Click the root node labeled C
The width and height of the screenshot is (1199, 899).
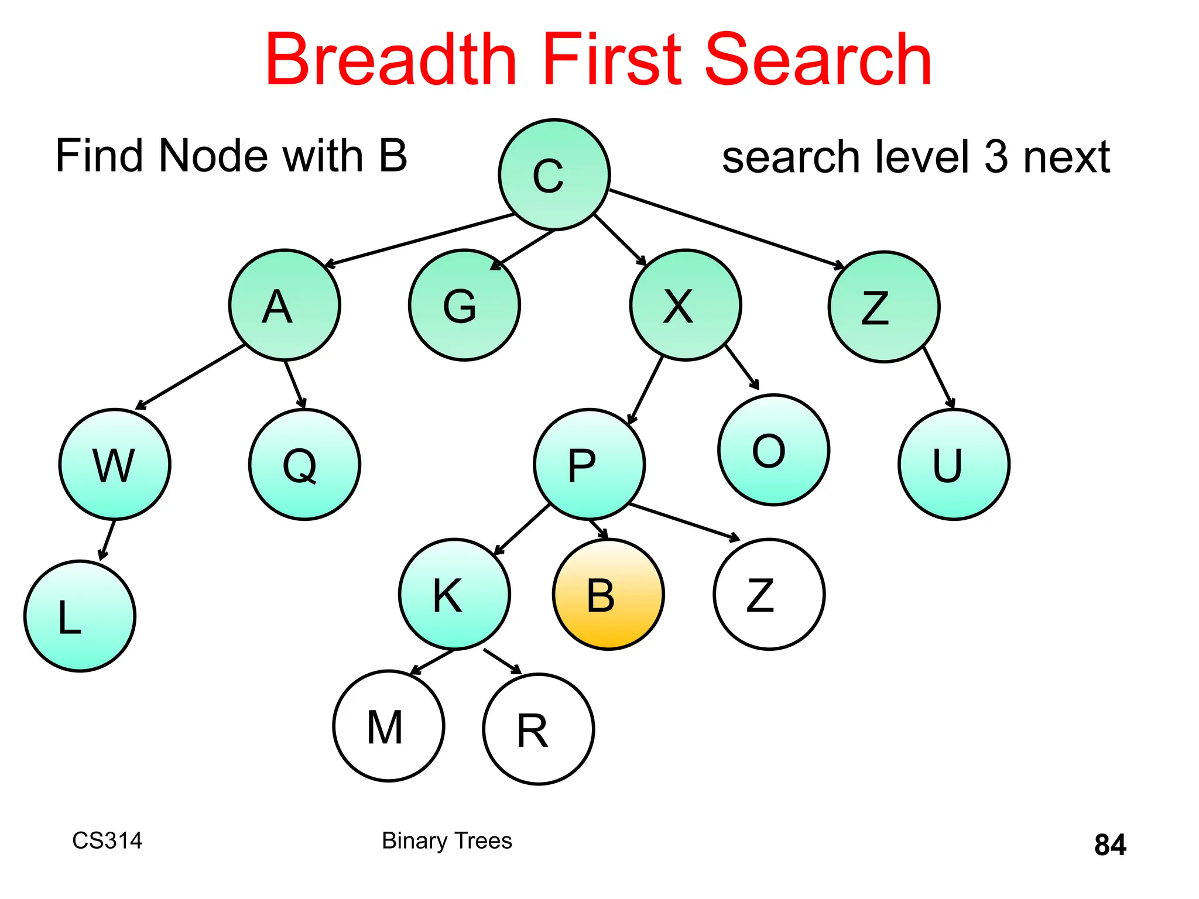click(x=554, y=174)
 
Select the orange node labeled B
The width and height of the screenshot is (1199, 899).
click(x=608, y=595)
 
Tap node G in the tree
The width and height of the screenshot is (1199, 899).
click(x=464, y=305)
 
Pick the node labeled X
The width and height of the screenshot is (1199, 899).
click(x=686, y=305)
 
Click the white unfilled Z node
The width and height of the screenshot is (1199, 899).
click(x=769, y=595)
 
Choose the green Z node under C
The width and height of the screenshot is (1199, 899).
click(x=883, y=307)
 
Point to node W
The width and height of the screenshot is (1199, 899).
click(x=115, y=464)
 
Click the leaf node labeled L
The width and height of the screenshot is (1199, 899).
click(x=80, y=616)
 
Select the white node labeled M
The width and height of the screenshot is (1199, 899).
click(x=388, y=726)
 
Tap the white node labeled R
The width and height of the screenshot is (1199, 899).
click(x=538, y=729)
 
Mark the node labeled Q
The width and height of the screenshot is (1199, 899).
click(x=304, y=464)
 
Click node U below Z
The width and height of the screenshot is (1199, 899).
click(x=954, y=464)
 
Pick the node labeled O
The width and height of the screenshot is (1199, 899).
click(x=773, y=449)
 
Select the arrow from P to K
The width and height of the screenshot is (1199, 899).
click(x=522, y=529)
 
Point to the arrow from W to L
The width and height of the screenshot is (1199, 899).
click(x=107, y=540)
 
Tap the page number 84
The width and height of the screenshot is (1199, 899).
click(x=1109, y=845)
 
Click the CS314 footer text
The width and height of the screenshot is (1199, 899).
click(x=107, y=840)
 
